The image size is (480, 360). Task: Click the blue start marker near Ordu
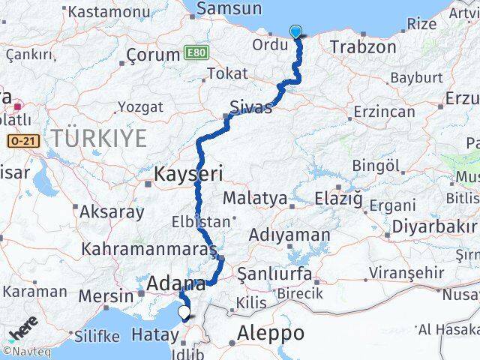pyautogui.click(x=296, y=31)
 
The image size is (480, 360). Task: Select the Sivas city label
pyautogui.click(x=251, y=107)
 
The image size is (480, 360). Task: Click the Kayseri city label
pyautogui.click(x=188, y=174)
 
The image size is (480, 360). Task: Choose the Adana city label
pyautogui.click(x=177, y=283)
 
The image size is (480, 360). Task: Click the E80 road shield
pyautogui.click(x=196, y=52)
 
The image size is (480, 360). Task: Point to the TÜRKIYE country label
pyautogui.click(x=99, y=137)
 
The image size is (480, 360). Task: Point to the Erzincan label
pyautogui.click(x=384, y=112)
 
